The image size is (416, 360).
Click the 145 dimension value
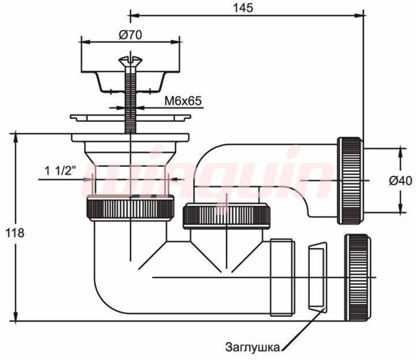[243, 8]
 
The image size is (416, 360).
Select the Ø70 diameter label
[131, 35]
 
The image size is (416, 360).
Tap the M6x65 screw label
[183, 101]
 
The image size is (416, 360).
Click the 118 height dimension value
[15, 233]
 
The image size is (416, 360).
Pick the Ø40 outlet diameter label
[401, 181]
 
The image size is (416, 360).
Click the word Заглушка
[252, 347]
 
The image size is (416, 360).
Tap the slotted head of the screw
[131, 61]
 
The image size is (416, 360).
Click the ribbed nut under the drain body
[131, 208]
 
